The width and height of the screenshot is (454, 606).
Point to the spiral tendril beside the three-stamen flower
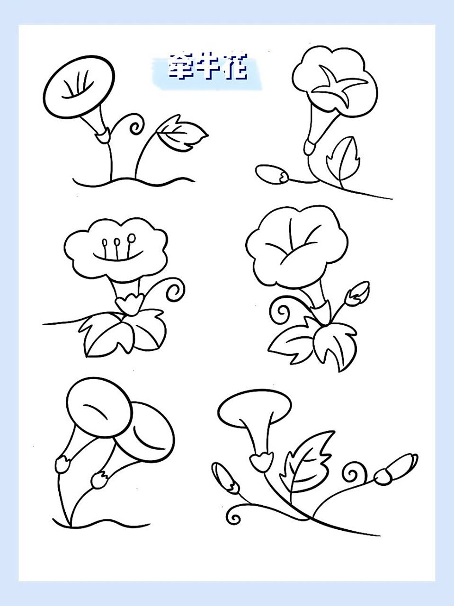pos(175,289)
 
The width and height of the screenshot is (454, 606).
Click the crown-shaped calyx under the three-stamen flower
pos(129,303)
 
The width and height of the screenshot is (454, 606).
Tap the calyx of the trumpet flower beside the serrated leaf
pos(261,460)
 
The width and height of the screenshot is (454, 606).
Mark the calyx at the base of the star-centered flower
pos(310,147)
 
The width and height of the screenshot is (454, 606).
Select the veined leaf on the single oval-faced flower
pos(182,135)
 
